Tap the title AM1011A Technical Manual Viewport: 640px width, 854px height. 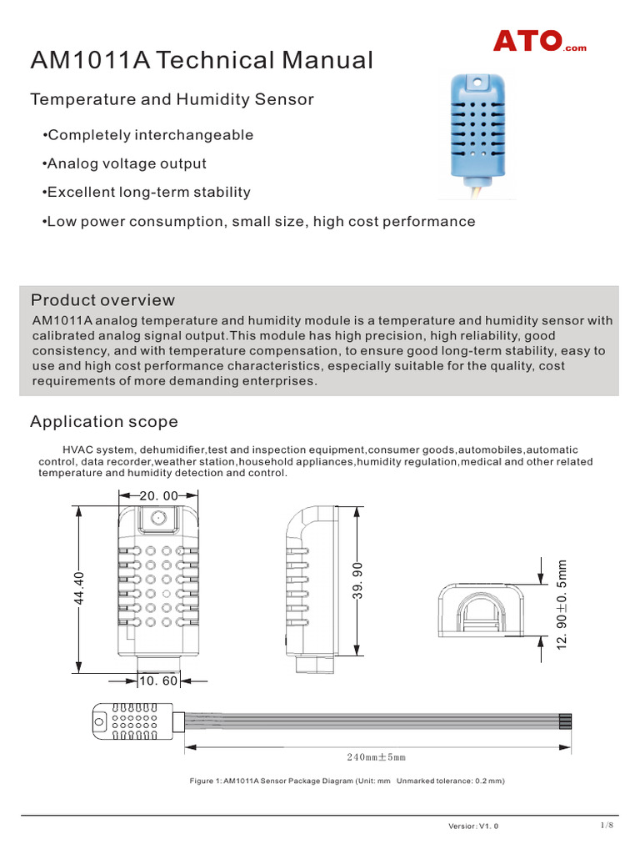tap(202, 60)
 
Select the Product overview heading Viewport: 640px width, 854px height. tap(102, 300)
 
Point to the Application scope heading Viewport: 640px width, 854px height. tap(104, 422)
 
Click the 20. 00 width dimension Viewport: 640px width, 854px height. tap(158, 495)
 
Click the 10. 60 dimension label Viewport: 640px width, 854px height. tap(158, 681)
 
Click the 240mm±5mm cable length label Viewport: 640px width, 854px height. tap(376, 757)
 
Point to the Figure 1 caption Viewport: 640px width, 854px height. tap(348, 781)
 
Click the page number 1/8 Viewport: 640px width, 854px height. tap(607, 825)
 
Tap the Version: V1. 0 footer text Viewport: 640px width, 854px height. tap(473, 826)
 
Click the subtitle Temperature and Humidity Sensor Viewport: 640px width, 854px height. tap(172, 100)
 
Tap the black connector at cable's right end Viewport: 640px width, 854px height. tap(567, 722)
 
